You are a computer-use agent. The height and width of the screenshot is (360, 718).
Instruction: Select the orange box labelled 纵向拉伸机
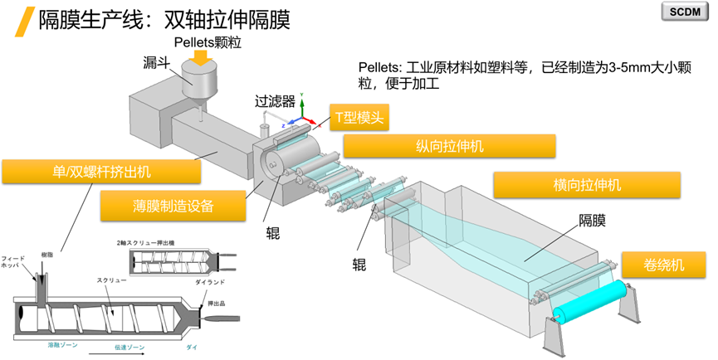[x=449, y=146]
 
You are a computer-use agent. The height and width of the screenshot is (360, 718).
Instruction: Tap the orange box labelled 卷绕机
[x=663, y=265]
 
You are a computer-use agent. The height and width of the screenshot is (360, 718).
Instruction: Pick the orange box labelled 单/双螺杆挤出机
[x=100, y=173]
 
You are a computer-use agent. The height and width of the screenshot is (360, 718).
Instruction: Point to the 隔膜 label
[x=592, y=221]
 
